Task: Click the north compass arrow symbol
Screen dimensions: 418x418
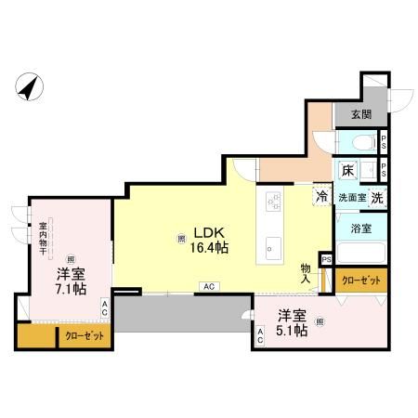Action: click(x=30, y=88)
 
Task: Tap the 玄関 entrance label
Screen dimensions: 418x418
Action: click(x=360, y=114)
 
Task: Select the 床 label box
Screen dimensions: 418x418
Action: click(x=346, y=171)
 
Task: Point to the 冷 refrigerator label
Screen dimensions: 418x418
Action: click(x=320, y=197)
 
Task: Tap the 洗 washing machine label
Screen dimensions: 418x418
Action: click(x=378, y=197)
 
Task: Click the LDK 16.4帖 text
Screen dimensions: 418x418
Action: click(x=211, y=240)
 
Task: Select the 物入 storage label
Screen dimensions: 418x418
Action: click(x=307, y=272)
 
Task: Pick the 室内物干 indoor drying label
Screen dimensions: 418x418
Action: click(x=43, y=239)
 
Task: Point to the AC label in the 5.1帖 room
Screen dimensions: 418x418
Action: click(x=261, y=336)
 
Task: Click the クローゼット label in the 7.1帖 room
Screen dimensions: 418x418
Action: click(x=84, y=336)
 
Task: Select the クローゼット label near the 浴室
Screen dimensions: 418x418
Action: click(x=359, y=279)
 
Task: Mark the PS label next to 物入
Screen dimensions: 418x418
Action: click(x=325, y=259)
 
